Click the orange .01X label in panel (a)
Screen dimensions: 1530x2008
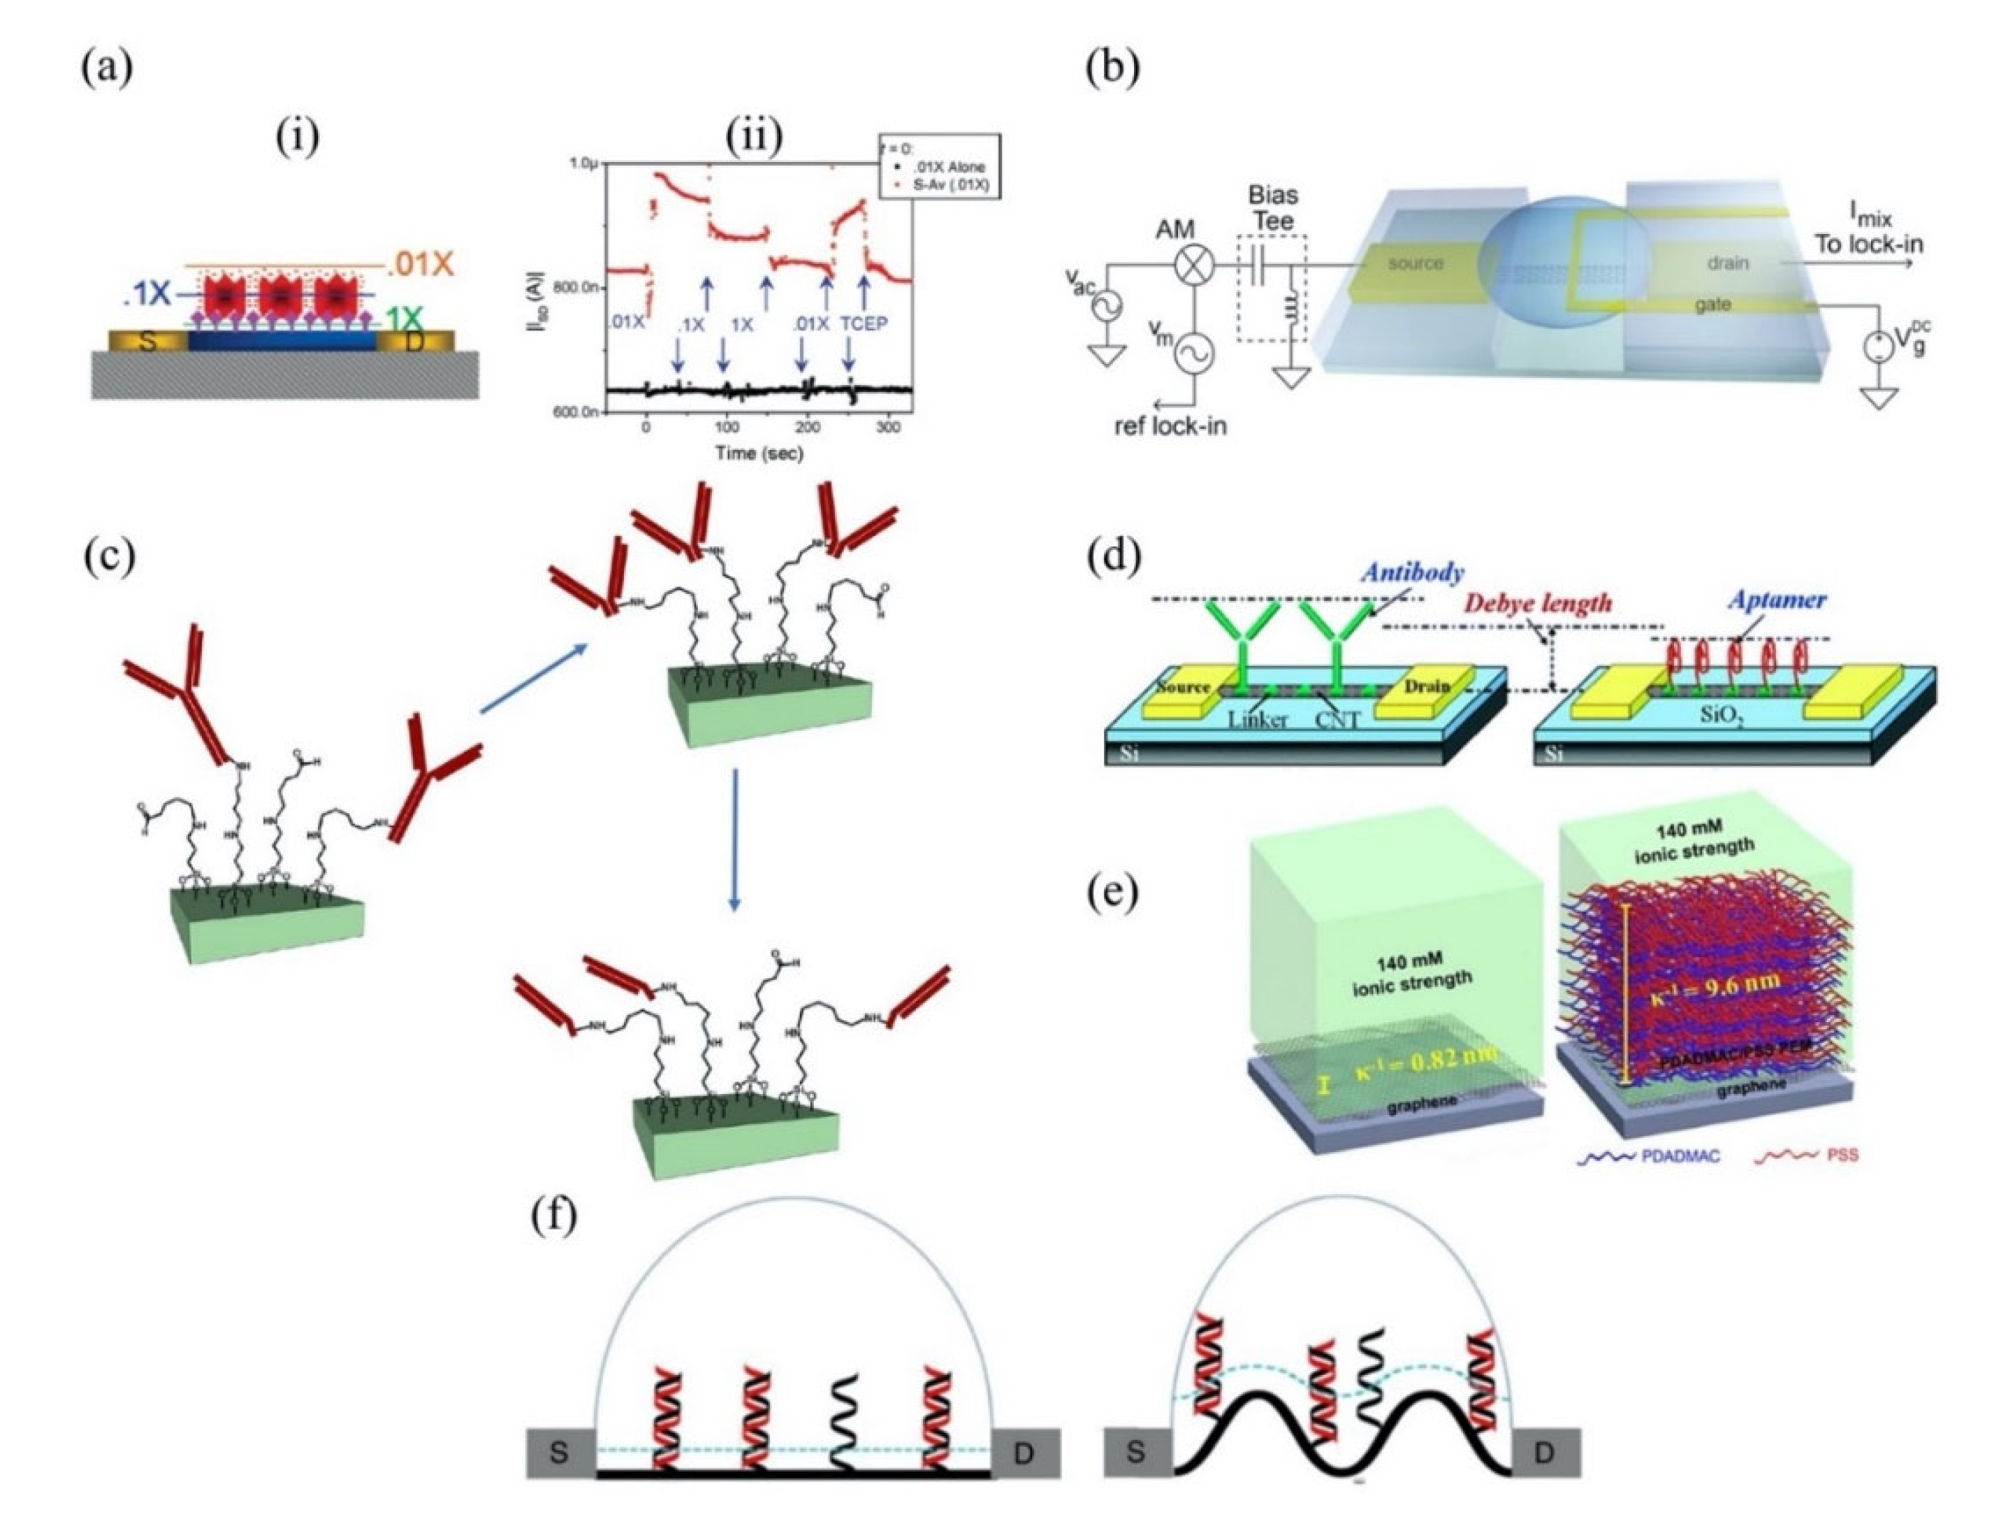pyautogui.click(x=420, y=264)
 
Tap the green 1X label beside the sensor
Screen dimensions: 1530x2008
pyautogui.click(x=403, y=319)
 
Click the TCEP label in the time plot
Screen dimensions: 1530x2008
pyautogui.click(x=864, y=323)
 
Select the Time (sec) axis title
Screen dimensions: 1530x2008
pyautogui.click(x=759, y=453)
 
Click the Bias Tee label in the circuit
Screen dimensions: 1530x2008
pyautogui.click(x=1272, y=207)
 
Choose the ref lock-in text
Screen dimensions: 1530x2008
pyautogui.click(x=1170, y=425)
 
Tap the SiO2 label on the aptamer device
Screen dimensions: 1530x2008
pyautogui.click(x=1721, y=716)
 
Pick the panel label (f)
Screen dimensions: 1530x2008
pyautogui.click(x=553, y=1217)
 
